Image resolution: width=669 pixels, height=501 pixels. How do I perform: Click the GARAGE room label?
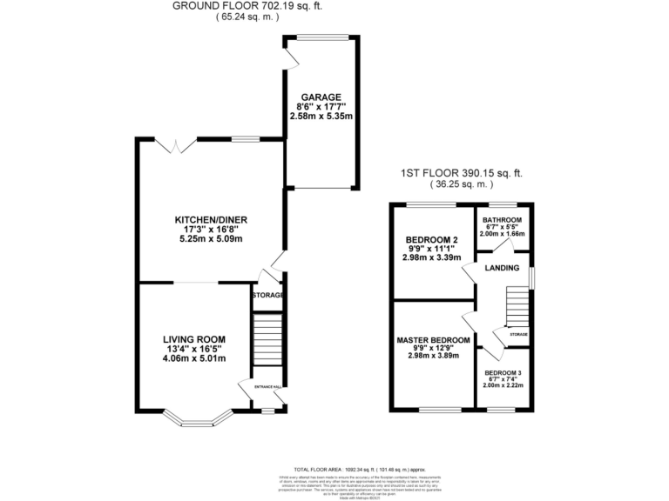pyautogui.click(x=321, y=97)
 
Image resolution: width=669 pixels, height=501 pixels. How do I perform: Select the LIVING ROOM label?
pyautogui.click(x=194, y=339)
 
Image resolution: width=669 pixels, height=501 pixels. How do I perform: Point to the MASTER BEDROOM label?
pyautogui.click(x=434, y=339)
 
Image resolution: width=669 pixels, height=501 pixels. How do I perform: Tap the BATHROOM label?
pyautogui.click(x=503, y=220)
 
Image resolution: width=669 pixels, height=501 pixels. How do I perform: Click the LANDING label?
pyautogui.click(x=503, y=268)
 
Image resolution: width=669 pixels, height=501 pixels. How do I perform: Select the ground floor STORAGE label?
pyautogui.click(x=267, y=297)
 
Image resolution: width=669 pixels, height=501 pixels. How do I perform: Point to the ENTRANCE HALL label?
pyautogui.click(x=267, y=385)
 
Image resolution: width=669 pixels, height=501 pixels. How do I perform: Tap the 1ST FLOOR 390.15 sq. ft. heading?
pyautogui.click(x=462, y=173)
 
